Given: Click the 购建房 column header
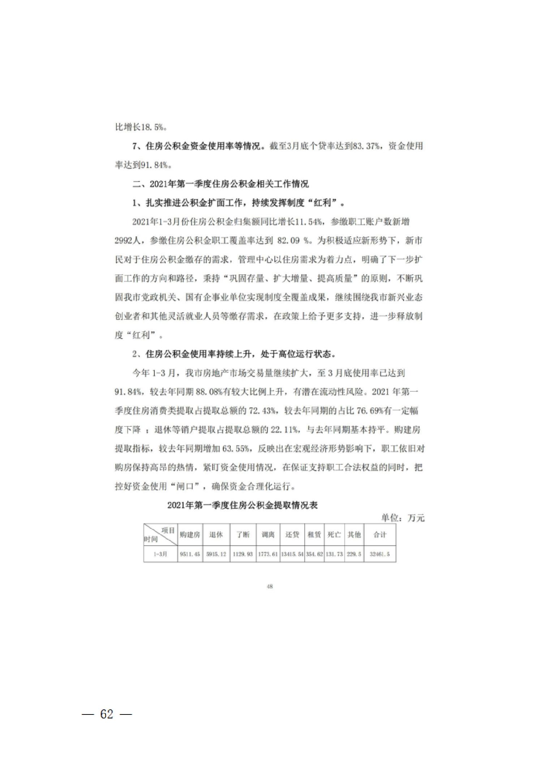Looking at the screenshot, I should pos(190,534).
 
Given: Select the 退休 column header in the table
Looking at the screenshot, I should pos(216,534).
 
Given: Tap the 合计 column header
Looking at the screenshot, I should pos(379,534).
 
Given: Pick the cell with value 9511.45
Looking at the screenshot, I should pos(190,554).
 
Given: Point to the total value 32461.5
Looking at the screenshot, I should pos(379,554).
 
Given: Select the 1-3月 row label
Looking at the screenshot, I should pos(160,554).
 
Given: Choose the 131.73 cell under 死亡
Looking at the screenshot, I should pos(334,554).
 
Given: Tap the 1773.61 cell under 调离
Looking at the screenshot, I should pos(268,554).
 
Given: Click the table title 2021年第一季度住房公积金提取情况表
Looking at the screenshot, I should pos(242,505).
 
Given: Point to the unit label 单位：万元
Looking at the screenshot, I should pos(403,518).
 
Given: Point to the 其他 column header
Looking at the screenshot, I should pos(354,534).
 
